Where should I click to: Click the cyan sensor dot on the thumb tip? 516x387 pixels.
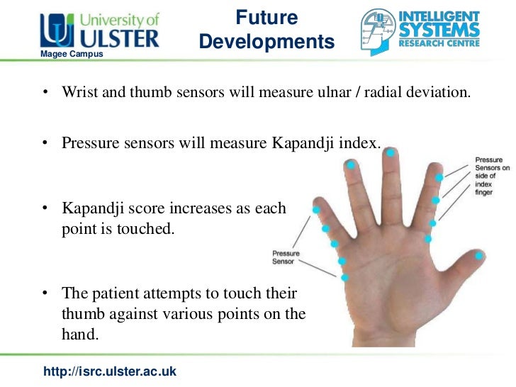click(x=480, y=255)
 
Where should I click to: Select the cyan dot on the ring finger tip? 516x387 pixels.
click(x=350, y=164)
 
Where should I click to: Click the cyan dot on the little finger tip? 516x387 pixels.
click(x=316, y=210)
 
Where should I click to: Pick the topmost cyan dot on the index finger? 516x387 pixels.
click(x=440, y=177)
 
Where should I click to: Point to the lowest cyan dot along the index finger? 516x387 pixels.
click(x=428, y=239)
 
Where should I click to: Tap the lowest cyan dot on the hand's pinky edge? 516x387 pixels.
click(x=344, y=278)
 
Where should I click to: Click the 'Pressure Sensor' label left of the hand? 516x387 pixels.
click(x=286, y=257)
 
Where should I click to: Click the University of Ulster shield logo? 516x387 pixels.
click(x=54, y=30)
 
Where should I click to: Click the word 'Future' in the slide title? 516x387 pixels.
click(x=267, y=18)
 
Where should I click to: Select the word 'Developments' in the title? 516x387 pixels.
click(x=267, y=42)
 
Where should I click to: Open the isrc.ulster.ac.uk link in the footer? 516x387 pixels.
click(x=110, y=371)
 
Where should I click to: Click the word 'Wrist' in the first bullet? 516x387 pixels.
click(x=79, y=93)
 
